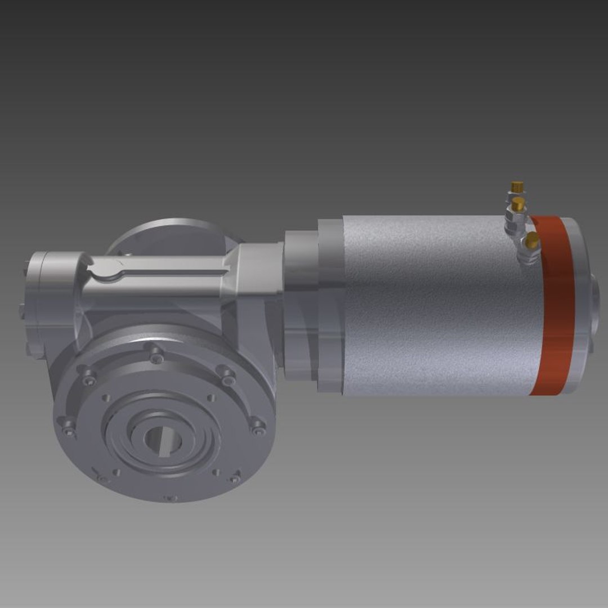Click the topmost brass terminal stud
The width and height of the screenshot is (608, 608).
click(x=516, y=186)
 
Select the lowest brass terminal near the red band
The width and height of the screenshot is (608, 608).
click(x=531, y=242)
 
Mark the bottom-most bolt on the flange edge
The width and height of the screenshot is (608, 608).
click(x=169, y=498)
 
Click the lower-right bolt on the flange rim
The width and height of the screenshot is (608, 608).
click(x=234, y=479)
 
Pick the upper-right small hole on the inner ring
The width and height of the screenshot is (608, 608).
click(x=211, y=399)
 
